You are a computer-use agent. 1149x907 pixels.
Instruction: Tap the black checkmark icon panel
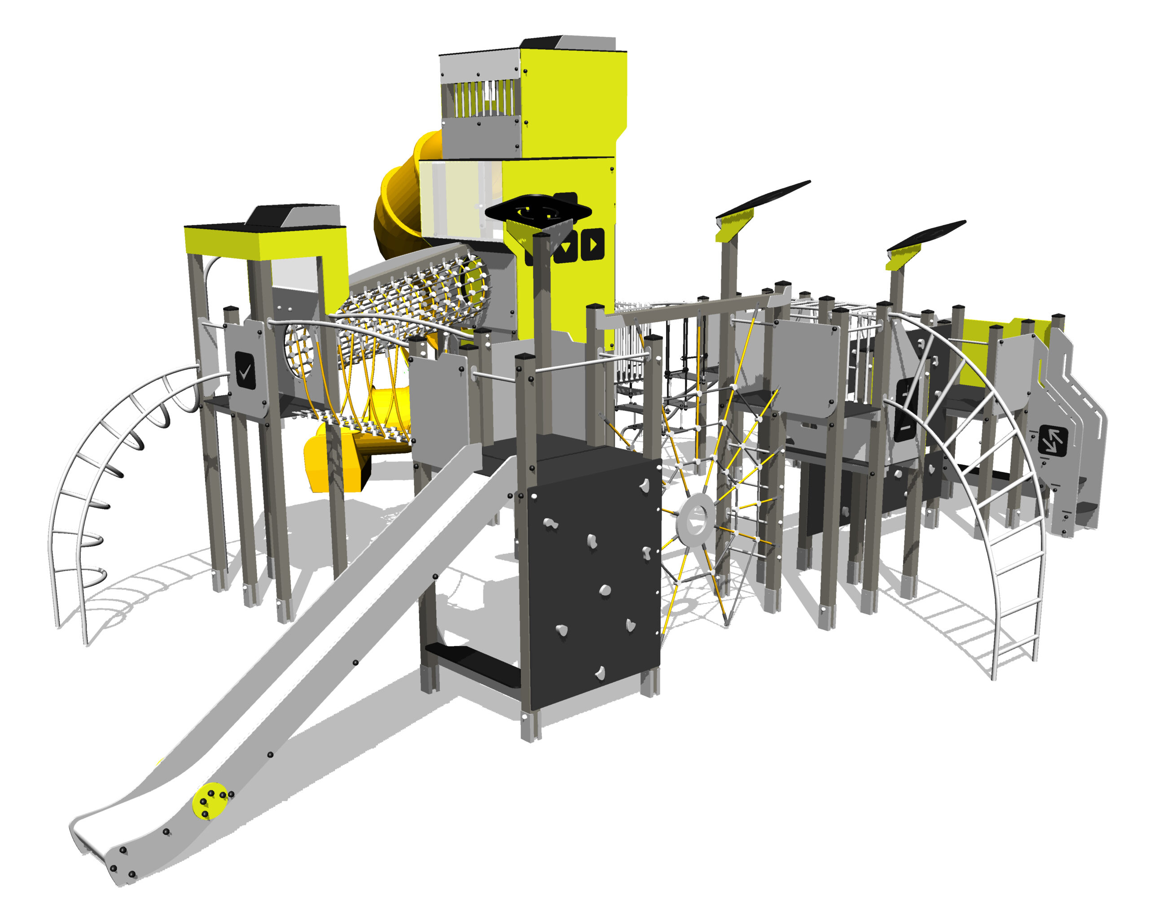coord(245,371)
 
